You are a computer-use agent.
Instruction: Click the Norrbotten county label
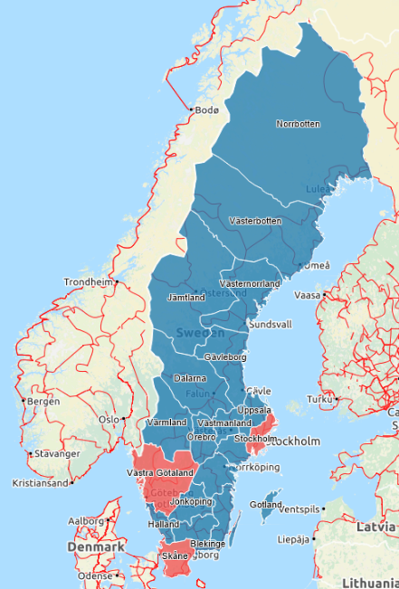298,124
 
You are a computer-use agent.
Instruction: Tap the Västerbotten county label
255,221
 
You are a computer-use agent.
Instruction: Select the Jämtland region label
187,297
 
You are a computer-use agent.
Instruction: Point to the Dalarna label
189,378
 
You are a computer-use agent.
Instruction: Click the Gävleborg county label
226,357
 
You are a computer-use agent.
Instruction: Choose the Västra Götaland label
160,472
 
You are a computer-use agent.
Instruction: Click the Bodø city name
207,110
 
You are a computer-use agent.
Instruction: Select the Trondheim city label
89,282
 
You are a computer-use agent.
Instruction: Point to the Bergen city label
43,401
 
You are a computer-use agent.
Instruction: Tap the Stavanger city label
54,454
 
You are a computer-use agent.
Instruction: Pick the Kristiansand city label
40,483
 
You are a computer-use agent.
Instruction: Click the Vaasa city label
309,295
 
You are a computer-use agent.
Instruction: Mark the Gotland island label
266,504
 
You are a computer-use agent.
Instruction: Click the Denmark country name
95,547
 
